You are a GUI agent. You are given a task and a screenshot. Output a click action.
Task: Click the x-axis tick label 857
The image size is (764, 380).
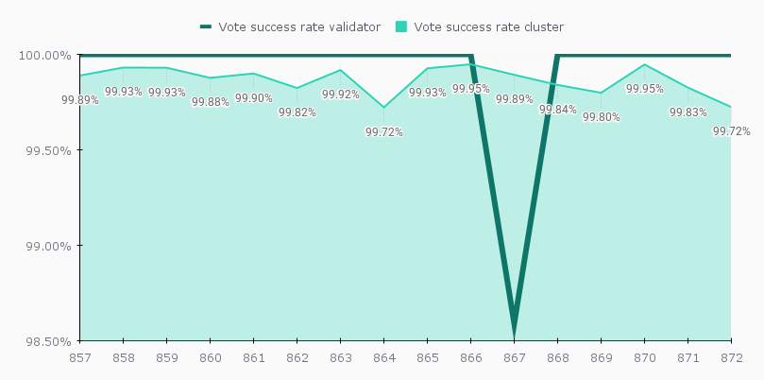[80, 358]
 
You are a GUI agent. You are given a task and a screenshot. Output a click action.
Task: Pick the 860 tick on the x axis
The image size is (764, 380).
[210, 358]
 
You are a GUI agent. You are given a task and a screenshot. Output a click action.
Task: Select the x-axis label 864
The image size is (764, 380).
[383, 358]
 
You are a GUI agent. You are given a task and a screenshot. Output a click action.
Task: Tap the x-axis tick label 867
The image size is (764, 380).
[514, 358]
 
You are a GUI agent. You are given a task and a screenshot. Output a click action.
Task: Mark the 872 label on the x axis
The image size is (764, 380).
[730, 358]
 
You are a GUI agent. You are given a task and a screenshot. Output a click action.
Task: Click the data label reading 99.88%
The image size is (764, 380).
[211, 102]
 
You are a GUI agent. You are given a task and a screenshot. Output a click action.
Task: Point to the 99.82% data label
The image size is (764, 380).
[297, 112]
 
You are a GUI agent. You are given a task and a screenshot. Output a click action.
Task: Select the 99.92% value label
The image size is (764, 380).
[341, 95]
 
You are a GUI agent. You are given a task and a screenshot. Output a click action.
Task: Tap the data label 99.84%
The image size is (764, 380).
[558, 110]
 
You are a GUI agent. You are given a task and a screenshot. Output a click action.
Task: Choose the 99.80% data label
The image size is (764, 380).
[602, 117]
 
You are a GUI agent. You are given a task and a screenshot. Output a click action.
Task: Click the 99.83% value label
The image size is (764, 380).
[688, 112]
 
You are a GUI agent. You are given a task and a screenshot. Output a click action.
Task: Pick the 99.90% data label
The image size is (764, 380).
[254, 98]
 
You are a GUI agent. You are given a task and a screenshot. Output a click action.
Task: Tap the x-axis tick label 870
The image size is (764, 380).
[644, 358]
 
